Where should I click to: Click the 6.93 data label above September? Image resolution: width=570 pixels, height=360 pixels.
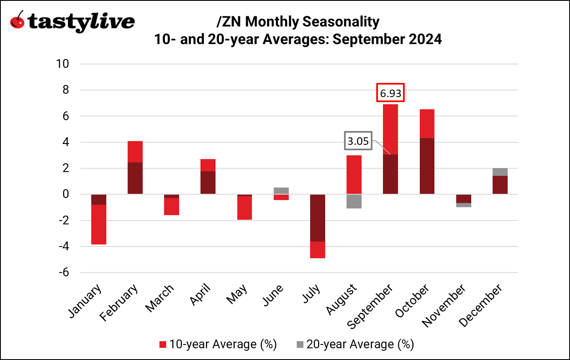[x=390, y=94]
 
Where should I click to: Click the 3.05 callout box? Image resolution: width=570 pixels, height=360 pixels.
[x=358, y=141]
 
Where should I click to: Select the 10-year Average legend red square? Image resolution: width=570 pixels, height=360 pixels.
[x=163, y=345]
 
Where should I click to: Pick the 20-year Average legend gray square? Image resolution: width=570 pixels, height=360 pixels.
[x=300, y=345]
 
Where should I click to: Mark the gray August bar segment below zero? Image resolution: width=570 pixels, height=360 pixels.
[x=354, y=201]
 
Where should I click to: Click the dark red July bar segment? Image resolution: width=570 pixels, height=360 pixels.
[x=318, y=218]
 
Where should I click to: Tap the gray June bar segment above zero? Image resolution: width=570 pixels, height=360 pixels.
[x=281, y=190]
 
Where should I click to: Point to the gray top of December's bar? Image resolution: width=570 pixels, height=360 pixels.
[x=500, y=172]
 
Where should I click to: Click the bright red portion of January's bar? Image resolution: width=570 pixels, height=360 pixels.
[x=99, y=224]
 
